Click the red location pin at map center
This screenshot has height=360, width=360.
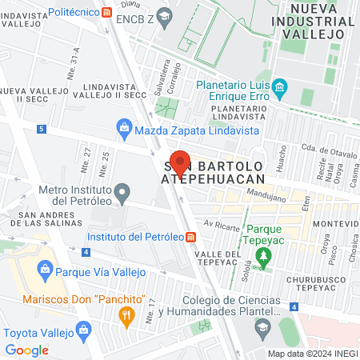180,163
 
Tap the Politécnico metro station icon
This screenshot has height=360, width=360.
107,12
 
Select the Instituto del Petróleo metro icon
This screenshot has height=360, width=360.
190,237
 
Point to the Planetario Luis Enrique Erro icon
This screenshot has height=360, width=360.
279,86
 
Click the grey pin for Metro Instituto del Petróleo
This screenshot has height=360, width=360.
122,192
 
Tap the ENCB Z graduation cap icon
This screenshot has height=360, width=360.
163,15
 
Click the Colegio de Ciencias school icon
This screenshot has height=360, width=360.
262,328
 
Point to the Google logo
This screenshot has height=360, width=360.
26,350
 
